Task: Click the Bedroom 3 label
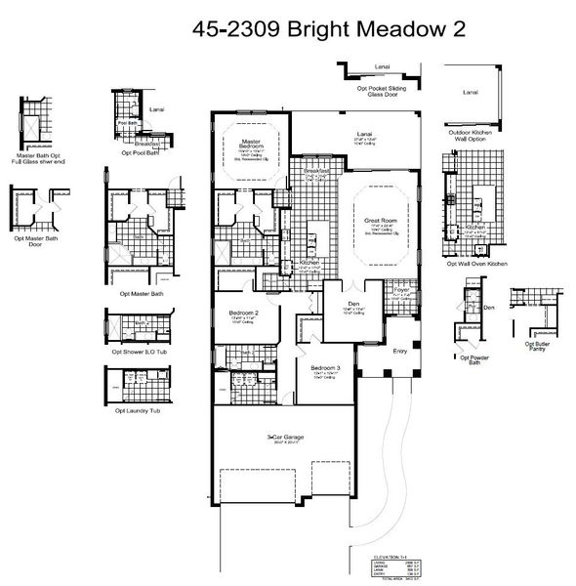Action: coord(323,367)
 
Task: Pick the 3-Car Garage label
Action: coord(284,438)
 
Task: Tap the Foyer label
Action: coord(400,290)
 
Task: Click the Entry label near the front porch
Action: coord(399,351)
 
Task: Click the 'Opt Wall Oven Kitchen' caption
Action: coord(476,264)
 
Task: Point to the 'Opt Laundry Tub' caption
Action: coord(137,410)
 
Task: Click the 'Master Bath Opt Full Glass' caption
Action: coord(36,158)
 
